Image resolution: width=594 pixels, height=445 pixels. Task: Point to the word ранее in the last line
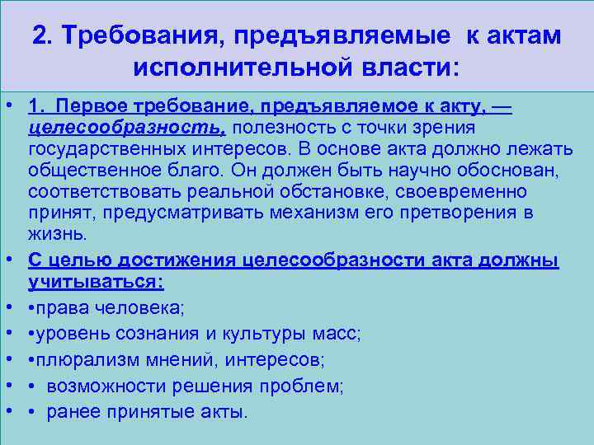pyautogui.click(x=75, y=411)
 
